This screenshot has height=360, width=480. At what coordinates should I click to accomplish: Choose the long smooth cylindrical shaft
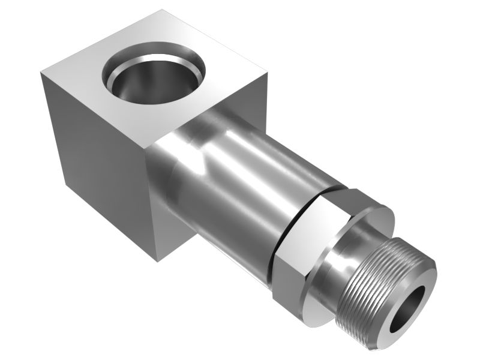click(240, 180)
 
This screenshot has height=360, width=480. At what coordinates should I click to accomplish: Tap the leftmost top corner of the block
click(41, 74)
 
